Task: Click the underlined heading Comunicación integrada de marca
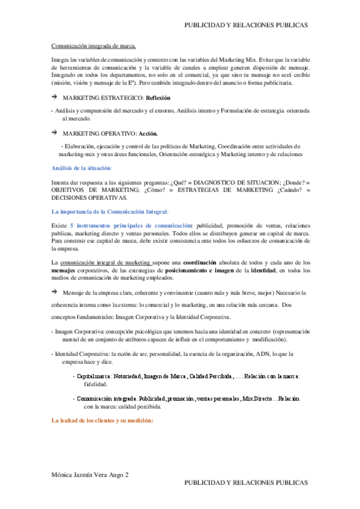pos(94,45)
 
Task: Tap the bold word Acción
pos(148,133)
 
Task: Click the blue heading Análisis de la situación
pos(82,167)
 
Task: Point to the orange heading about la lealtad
pos(103,420)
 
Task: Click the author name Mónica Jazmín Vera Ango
pos(91,474)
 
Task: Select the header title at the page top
pos(245,25)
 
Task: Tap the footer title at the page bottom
pos(245,483)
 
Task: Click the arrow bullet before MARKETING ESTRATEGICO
pos(54,97)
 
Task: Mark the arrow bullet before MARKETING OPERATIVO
pos(54,133)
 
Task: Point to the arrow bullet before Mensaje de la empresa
pos(54,292)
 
